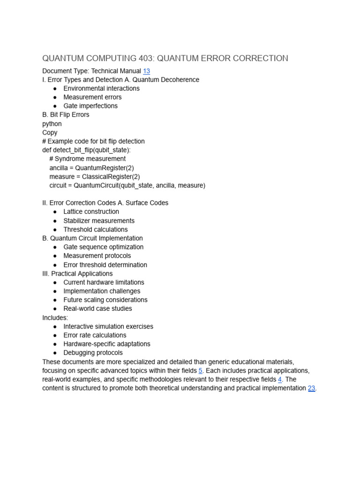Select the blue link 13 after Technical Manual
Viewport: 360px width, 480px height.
pos(146,71)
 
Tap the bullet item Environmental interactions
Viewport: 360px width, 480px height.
pos(101,89)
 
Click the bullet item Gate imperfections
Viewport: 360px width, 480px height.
pos(90,106)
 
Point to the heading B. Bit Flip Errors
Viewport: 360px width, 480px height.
pos(66,115)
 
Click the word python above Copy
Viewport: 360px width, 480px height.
pos(52,124)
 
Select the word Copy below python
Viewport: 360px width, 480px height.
pos(50,133)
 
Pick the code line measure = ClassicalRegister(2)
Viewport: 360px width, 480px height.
pos(94,177)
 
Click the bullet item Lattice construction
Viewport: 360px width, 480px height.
pos(91,212)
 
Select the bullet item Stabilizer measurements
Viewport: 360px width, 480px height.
pos(99,221)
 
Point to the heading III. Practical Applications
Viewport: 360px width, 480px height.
pos(77,274)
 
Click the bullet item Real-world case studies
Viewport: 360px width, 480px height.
pos(97,309)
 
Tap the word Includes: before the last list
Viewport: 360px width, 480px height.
pos(55,318)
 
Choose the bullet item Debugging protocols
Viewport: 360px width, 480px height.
pos(93,353)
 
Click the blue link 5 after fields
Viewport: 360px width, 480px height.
pos(200,370)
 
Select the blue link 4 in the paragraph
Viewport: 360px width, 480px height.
pos(279,379)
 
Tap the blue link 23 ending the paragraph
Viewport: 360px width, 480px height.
pos(311,388)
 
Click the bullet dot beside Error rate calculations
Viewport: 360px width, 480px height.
pos(55,336)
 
